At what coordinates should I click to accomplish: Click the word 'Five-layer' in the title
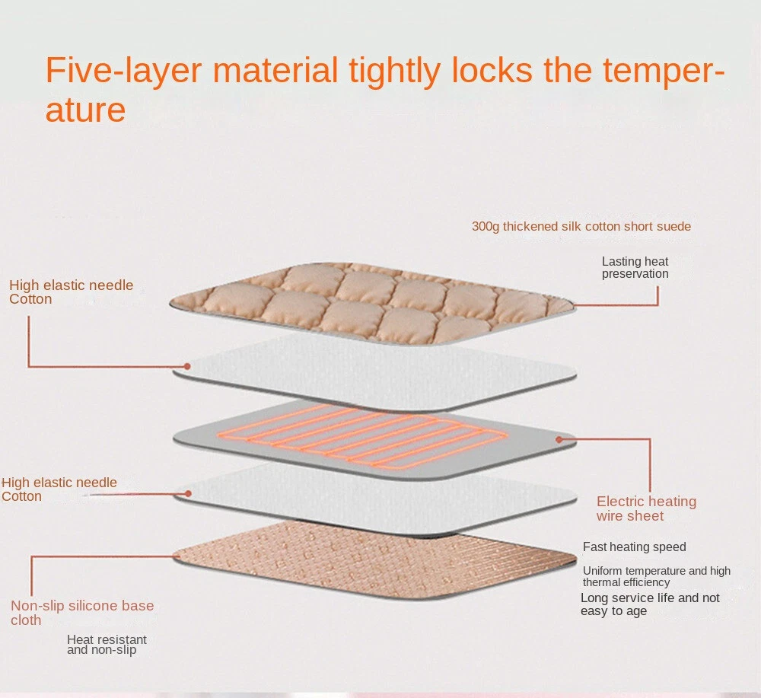pyautogui.click(x=123, y=71)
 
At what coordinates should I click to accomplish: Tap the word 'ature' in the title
pyautogui.click(x=85, y=110)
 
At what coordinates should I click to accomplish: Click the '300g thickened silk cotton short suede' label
pyautogui.click(x=581, y=227)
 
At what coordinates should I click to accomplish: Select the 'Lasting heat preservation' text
pyautogui.click(x=635, y=267)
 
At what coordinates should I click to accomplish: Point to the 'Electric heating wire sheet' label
pyautogui.click(x=646, y=508)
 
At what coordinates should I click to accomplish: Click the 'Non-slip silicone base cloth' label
pyautogui.click(x=82, y=613)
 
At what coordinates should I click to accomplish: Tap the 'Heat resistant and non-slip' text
pyautogui.click(x=107, y=645)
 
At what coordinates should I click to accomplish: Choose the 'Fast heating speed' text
pyautogui.click(x=635, y=547)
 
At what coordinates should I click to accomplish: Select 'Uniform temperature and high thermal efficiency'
pyautogui.click(x=657, y=576)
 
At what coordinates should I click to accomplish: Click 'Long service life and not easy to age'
pyautogui.click(x=651, y=604)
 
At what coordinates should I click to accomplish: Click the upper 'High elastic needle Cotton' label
pyautogui.click(x=71, y=292)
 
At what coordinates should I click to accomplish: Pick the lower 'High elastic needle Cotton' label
pyautogui.click(x=59, y=489)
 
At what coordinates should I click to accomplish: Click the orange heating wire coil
pyautogui.click(x=361, y=436)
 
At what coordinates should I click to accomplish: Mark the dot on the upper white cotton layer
pyautogui.click(x=187, y=366)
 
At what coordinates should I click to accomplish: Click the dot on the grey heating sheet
pyautogui.click(x=559, y=439)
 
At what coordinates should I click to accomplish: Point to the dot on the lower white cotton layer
pyautogui.click(x=188, y=494)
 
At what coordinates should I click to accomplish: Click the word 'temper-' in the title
pyautogui.click(x=664, y=71)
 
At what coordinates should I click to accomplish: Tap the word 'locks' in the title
pyautogui.click(x=492, y=70)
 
